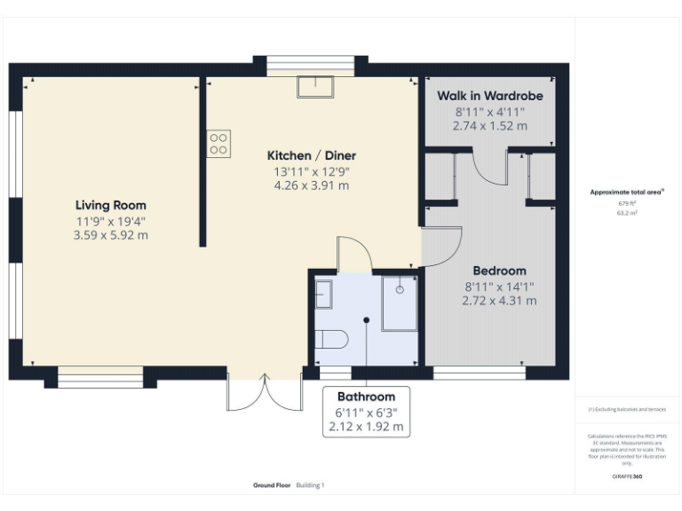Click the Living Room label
[x=110, y=205]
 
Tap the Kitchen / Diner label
[x=311, y=155]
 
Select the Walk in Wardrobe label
[x=489, y=96]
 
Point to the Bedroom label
[x=498, y=271]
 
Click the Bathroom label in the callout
[x=366, y=397]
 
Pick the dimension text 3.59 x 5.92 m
[x=110, y=235]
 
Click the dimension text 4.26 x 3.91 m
[x=311, y=185]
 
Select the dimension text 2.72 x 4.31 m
[x=498, y=301]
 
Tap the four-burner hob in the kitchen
[x=218, y=144]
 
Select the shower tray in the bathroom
[x=400, y=303]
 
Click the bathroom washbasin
[x=323, y=294]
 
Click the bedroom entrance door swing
[x=442, y=246]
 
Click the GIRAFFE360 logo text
[x=626, y=476]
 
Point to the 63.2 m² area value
[x=627, y=213]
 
